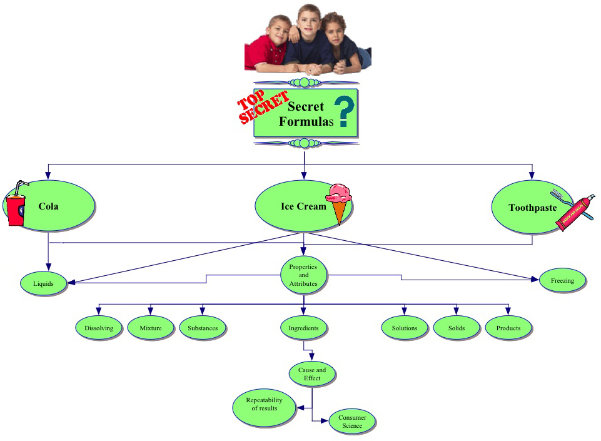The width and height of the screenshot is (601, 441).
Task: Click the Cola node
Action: pyautogui.click(x=53, y=206)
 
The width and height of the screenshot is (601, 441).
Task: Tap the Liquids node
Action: pyautogui.click(x=43, y=283)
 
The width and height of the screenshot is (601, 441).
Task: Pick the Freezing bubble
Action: pyautogui.click(x=562, y=281)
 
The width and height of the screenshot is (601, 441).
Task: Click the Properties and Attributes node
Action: pyautogui.click(x=303, y=275)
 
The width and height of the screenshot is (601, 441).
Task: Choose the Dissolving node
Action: pyautogui.click(x=99, y=328)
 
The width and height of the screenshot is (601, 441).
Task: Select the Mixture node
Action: pyautogui.click(x=151, y=328)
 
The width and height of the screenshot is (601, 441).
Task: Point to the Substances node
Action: pyautogui.click(x=203, y=328)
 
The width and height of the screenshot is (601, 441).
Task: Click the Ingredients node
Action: pyautogui.click(x=303, y=328)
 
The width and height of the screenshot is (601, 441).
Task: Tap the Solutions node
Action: pyautogui.click(x=405, y=328)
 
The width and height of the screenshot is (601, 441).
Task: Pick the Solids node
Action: pyautogui.click(x=457, y=328)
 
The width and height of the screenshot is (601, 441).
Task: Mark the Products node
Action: pyautogui.click(x=508, y=328)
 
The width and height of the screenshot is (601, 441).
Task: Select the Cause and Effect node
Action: pyautogui.click(x=312, y=374)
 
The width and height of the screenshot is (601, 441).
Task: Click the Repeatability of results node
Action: pyautogui.click(x=264, y=408)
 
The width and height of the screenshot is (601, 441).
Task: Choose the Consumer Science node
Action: pyautogui.click(x=352, y=422)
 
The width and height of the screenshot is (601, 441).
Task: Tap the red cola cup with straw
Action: pyautogui.click(x=16, y=205)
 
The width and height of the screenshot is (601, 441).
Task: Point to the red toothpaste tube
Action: pyautogui.click(x=574, y=213)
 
